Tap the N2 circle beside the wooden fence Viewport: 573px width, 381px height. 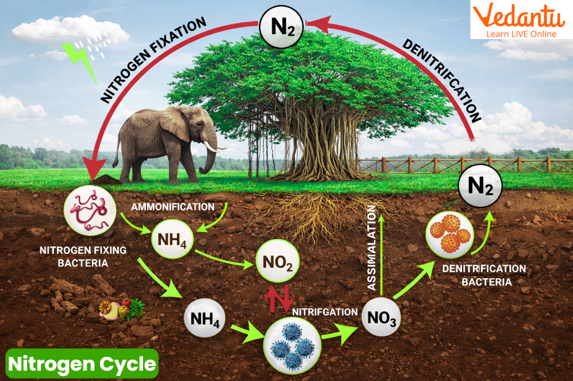tap(480, 186)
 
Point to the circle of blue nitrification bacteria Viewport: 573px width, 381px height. tap(291, 344)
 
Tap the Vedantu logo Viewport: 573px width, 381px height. tap(521, 20)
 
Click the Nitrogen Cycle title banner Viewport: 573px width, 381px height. tap(82, 363)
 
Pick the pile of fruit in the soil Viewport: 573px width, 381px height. tap(121, 309)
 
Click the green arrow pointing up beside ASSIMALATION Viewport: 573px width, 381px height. tap(382, 253)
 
